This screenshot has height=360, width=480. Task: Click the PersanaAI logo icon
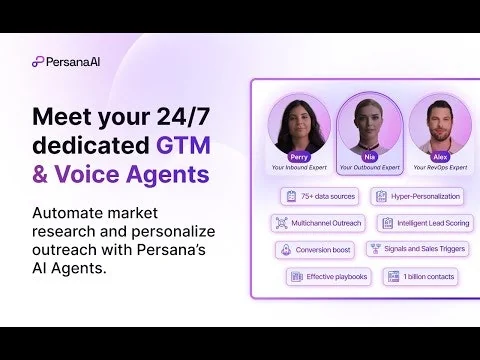(x=38, y=61)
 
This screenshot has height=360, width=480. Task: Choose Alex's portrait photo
(x=439, y=125)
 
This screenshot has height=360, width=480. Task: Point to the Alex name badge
(x=439, y=156)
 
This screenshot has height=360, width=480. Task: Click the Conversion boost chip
(x=315, y=249)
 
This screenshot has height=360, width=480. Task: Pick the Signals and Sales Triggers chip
(x=418, y=249)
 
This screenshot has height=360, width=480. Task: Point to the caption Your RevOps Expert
(x=439, y=167)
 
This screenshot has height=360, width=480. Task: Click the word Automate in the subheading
(x=73, y=213)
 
